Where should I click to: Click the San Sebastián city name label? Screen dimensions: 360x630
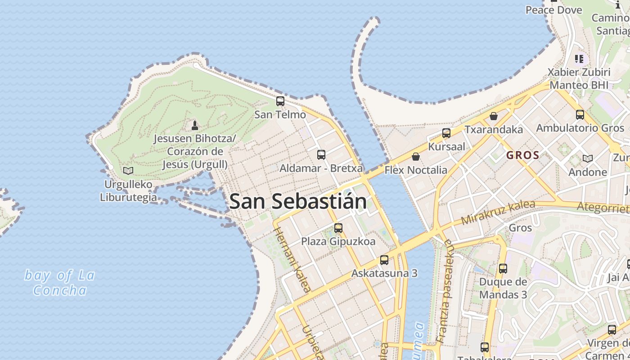[x=298, y=201]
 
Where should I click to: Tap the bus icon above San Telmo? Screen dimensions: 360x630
[x=280, y=101]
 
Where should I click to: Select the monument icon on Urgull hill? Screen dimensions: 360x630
[x=195, y=125]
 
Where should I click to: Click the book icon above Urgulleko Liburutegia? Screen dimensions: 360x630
[x=128, y=171]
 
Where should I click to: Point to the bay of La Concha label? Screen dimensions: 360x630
[x=59, y=282]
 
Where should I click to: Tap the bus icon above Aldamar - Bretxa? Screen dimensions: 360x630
[x=321, y=155]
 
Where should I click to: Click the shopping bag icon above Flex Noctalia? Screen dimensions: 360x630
[x=416, y=157]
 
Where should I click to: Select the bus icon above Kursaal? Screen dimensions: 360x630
[x=446, y=133]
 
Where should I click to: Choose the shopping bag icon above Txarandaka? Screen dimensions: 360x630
[x=494, y=116]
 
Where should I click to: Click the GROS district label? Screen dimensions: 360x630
[x=523, y=155]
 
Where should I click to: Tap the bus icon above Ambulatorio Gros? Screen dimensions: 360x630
[x=580, y=115]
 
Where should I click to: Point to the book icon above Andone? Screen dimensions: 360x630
[x=588, y=158]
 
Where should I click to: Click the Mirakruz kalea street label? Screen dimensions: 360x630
[x=498, y=212]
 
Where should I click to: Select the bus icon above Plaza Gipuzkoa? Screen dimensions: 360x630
[x=338, y=228]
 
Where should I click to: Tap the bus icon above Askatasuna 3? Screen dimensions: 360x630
[x=384, y=260]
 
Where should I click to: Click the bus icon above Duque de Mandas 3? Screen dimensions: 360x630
[x=503, y=269]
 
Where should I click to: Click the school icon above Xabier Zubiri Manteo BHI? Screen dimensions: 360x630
[x=579, y=58]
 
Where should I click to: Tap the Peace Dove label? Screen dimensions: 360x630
[x=553, y=9]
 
